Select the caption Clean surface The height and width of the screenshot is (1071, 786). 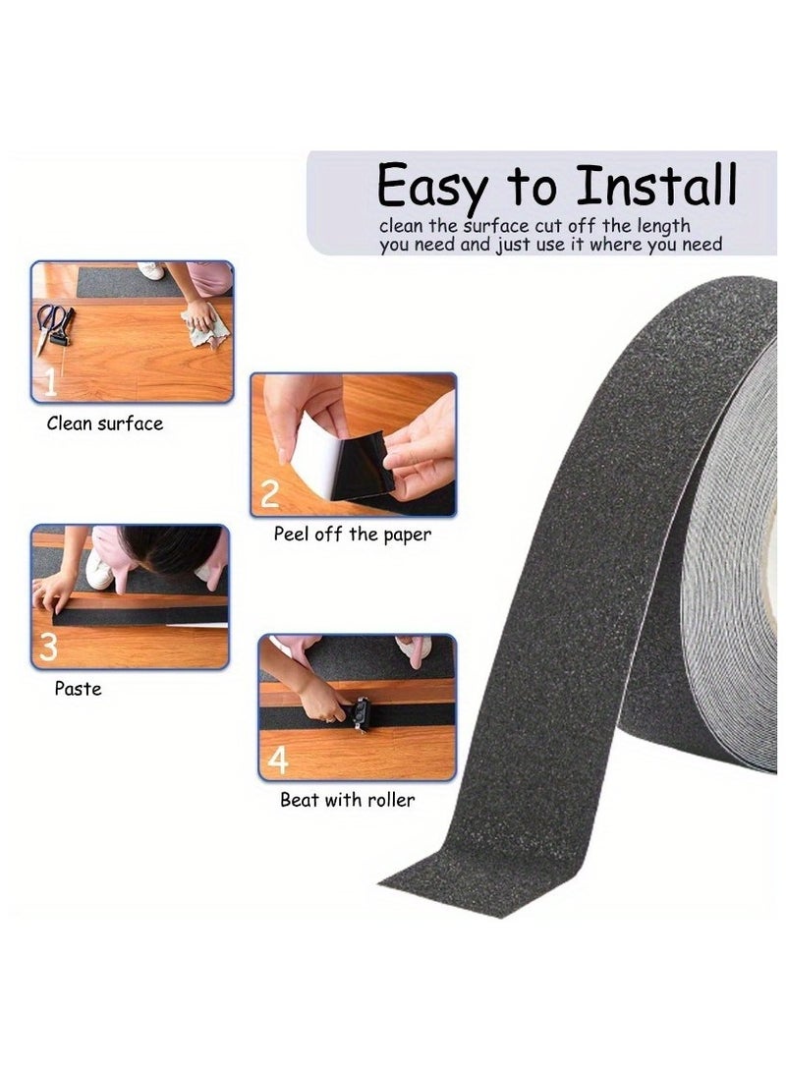point(105,424)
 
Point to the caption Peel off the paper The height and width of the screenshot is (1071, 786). point(352,535)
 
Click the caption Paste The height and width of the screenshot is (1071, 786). point(78,689)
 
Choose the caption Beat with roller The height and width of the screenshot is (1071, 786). point(347,800)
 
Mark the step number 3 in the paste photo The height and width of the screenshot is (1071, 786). point(47,647)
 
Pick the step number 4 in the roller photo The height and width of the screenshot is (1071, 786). point(278,759)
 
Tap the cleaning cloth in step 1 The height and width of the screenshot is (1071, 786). point(204,323)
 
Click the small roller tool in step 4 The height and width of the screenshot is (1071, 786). point(358,713)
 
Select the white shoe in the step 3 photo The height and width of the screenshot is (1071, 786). point(99,571)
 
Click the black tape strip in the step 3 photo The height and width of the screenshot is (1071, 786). point(108,615)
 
